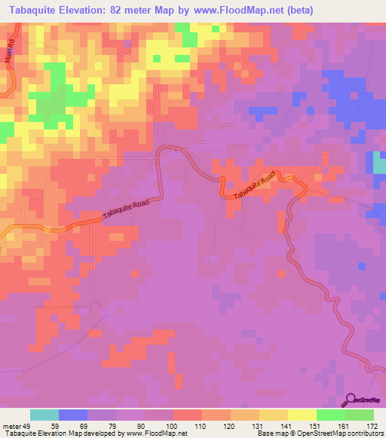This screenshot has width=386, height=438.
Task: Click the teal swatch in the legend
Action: tap(44, 415)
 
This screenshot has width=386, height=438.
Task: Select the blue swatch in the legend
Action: tap(73, 415)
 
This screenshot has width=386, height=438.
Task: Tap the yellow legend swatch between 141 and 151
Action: tap(301, 415)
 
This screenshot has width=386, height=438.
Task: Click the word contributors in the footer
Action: tap(361, 433)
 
